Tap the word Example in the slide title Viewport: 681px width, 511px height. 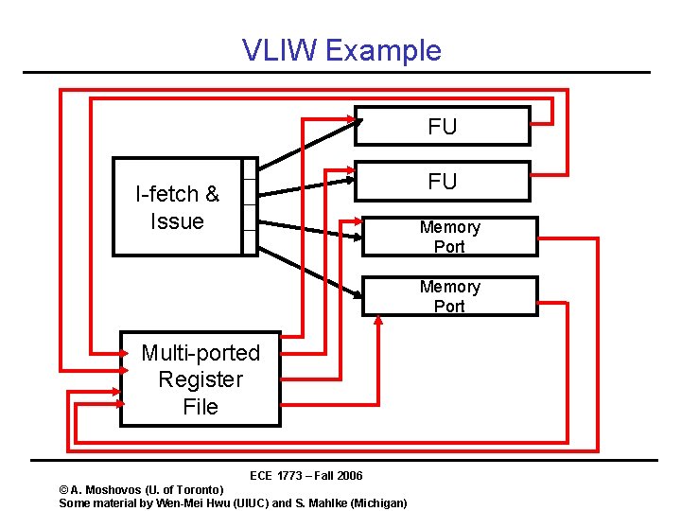pos(383,51)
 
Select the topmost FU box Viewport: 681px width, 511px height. pos(445,127)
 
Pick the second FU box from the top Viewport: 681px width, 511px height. pos(445,182)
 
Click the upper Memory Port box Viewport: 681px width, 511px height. pos(449,237)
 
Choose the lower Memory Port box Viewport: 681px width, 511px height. pos(449,296)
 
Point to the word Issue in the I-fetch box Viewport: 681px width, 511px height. pos(177,221)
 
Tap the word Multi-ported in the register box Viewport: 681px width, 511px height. pos(201,353)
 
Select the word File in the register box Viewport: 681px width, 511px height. pos(201,407)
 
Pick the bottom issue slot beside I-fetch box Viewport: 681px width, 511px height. pos(250,242)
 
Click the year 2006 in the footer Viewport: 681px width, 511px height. pos(347,475)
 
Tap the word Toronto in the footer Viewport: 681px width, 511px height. pos(198,489)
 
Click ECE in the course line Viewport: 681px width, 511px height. pos(261,475)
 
